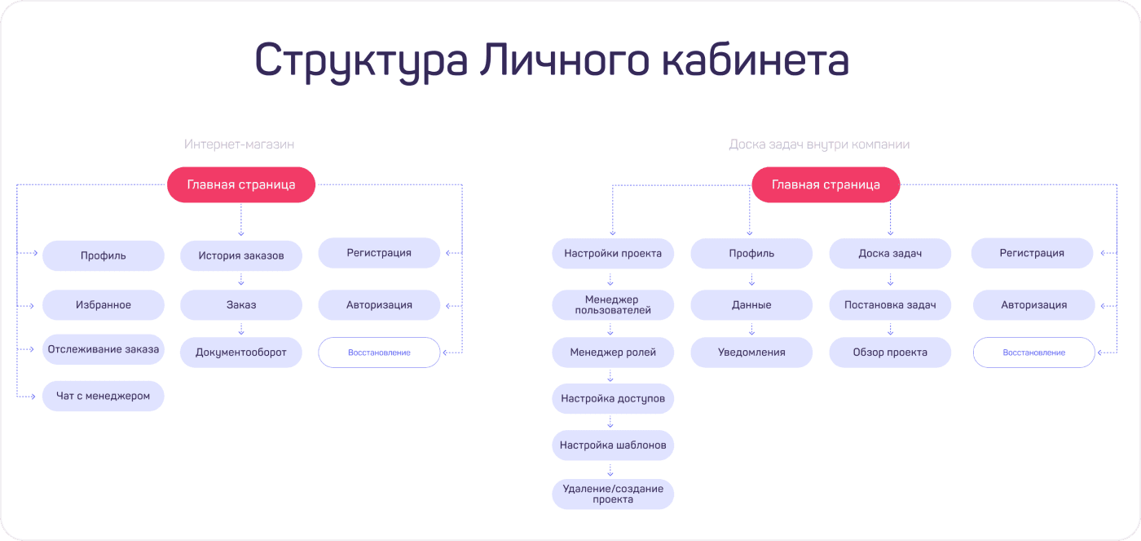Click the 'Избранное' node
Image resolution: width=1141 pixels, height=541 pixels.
(x=104, y=305)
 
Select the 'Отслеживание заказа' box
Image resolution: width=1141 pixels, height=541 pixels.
(x=104, y=349)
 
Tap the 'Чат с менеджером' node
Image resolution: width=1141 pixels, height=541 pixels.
(x=104, y=397)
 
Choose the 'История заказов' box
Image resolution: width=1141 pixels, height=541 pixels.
(x=241, y=255)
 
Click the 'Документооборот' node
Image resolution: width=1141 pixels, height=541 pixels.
(x=241, y=353)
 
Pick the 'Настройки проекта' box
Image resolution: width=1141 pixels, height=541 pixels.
(x=613, y=254)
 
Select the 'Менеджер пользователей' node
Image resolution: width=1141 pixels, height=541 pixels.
(x=613, y=305)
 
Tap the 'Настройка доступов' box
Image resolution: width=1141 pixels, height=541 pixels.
(x=613, y=399)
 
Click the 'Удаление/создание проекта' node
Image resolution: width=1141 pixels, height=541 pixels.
(x=613, y=494)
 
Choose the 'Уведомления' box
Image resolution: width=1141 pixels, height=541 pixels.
(x=751, y=353)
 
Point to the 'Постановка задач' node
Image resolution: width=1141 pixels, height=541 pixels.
(x=890, y=305)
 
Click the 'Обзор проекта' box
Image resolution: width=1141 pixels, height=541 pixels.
(x=890, y=353)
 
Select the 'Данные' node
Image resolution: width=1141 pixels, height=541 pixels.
(x=751, y=305)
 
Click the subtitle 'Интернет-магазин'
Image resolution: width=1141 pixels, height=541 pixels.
(x=239, y=144)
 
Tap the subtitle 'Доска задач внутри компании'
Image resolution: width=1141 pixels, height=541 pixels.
(x=819, y=144)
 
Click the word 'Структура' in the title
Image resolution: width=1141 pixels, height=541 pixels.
(x=361, y=61)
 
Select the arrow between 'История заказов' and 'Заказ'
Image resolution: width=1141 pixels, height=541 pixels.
(x=241, y=279)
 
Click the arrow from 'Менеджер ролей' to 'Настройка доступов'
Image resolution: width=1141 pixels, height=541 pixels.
(x=610, y=376)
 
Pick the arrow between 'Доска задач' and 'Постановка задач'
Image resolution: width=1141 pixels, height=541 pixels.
(x=890, y=279)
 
